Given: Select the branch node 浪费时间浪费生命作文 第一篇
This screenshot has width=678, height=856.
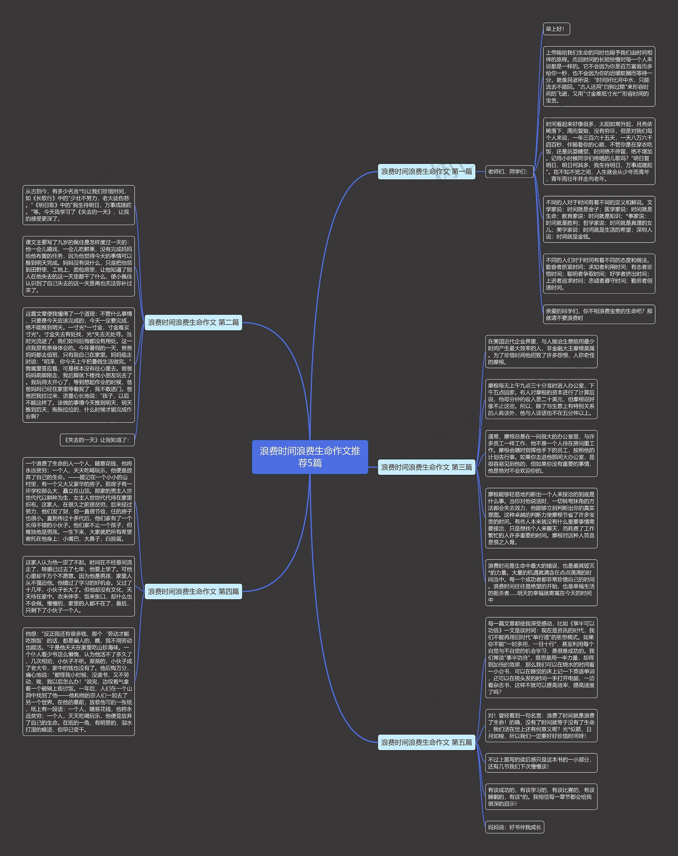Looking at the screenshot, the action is (426, 171).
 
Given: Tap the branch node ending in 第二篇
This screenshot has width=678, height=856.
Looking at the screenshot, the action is (193, 322).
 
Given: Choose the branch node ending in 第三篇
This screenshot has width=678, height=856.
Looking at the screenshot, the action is (426, 467).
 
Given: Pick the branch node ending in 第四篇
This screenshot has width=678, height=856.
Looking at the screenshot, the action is (193, 591).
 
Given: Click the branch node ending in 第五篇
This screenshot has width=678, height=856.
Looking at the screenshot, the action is (426, 742).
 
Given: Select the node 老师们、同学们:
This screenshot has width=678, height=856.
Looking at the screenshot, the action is (508, 171).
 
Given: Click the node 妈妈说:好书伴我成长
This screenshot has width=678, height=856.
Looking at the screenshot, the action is (514, 827).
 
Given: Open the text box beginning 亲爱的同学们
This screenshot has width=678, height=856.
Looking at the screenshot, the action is (599, 314).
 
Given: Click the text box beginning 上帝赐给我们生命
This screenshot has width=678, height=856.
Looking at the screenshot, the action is (599, 76).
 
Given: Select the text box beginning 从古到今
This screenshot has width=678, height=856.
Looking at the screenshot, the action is (79, 205).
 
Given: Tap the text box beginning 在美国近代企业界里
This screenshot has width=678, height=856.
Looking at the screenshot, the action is (541, 352).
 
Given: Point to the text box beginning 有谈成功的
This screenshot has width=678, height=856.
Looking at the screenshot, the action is (541, 796).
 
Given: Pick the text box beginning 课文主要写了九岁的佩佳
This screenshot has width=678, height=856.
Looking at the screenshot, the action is (79, 266).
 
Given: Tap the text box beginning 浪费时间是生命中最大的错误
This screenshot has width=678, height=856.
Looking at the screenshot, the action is (541, 582).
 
